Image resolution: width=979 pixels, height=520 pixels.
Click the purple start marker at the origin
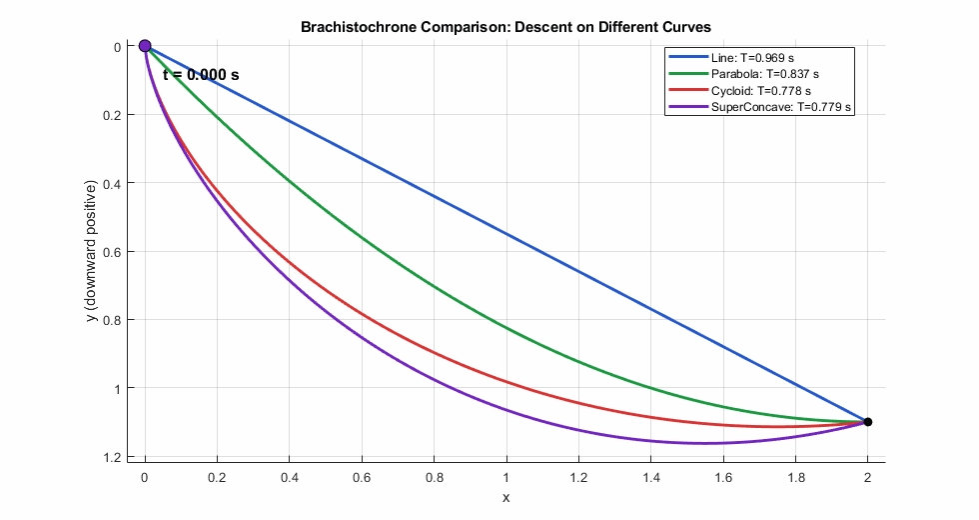coord(145,46)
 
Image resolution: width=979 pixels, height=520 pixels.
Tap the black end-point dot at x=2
coord(868,422)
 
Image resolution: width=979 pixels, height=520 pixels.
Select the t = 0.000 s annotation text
coord(201,75)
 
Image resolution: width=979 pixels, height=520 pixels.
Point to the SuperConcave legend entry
coord(781,106)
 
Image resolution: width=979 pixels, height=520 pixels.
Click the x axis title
coord(505,497)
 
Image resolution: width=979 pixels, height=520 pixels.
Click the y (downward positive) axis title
coord(91,251)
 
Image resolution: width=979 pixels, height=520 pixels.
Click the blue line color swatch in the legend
coord(688,58)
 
